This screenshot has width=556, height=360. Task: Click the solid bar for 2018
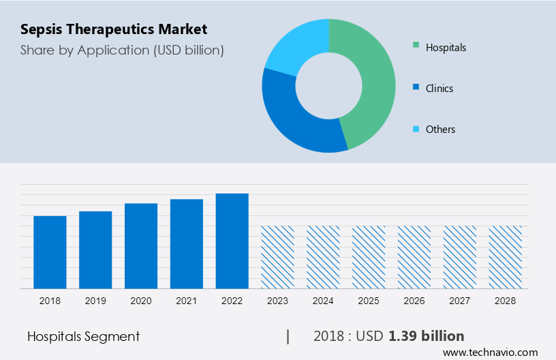coord(50,252)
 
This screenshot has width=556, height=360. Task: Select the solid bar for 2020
coord(141,245)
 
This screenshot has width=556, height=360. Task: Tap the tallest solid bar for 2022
coord(232,241)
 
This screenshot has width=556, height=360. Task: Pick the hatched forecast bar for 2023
coord(277,257)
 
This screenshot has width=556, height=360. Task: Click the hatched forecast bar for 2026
coord(414,257)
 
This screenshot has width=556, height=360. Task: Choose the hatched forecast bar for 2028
coord(506,257)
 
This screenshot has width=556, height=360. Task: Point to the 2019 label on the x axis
coord(95,300)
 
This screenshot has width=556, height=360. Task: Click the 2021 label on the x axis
coord(187,300)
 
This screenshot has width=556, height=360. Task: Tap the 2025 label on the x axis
coord(369,300)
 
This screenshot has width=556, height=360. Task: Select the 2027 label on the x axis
coord(460,300)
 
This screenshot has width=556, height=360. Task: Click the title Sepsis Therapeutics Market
coord(114,29)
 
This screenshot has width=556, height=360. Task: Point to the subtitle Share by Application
coord(122,50)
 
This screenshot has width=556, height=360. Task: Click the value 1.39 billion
coord(427,335)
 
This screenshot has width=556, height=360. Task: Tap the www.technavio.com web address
coord(490,352)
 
